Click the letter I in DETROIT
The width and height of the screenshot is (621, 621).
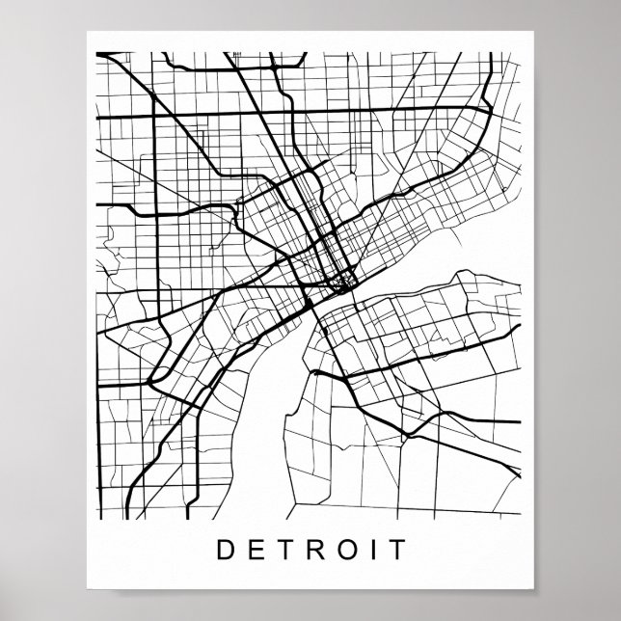tap(369, 552)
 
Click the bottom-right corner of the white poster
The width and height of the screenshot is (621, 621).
tap(535, 589)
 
